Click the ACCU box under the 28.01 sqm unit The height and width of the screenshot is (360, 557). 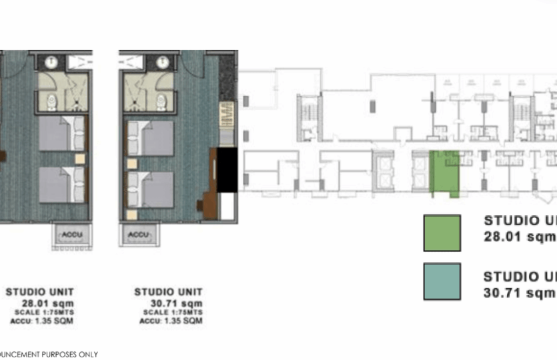click(69, 234)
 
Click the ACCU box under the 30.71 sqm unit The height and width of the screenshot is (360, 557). click(138, 234)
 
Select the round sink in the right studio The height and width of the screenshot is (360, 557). click(161, 63)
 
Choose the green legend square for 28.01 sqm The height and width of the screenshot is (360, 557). click(442, 233)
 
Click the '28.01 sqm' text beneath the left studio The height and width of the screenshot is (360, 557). click(51, 302)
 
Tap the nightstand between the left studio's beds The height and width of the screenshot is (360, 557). click(80, 159)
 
